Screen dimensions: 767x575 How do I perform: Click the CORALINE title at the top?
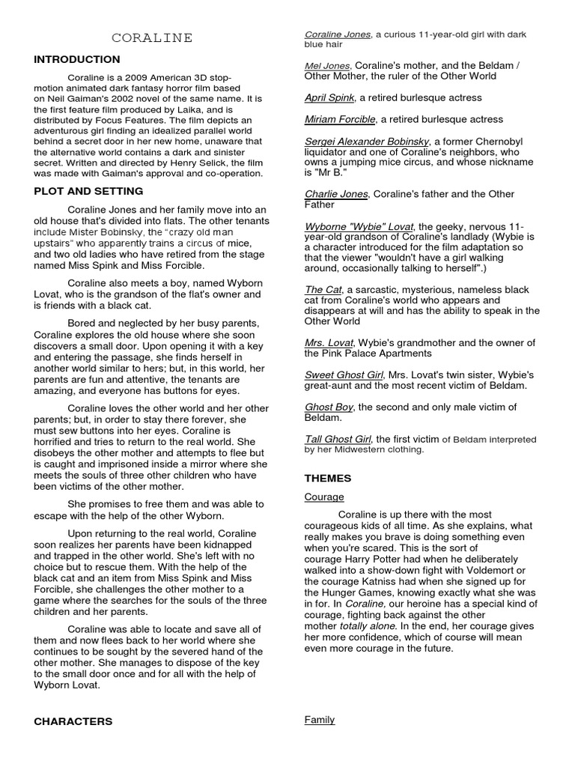152,37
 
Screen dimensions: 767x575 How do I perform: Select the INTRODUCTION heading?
77,59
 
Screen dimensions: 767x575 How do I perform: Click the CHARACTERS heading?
73,721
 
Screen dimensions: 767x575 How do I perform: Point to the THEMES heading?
328,478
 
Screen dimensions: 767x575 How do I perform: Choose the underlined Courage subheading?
324,497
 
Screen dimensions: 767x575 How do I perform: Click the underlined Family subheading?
320,720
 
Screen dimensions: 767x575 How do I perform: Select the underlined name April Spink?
330,97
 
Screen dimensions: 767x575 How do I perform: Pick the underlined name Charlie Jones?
336,193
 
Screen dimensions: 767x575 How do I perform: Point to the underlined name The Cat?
323,289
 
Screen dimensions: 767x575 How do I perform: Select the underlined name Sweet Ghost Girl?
344,375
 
